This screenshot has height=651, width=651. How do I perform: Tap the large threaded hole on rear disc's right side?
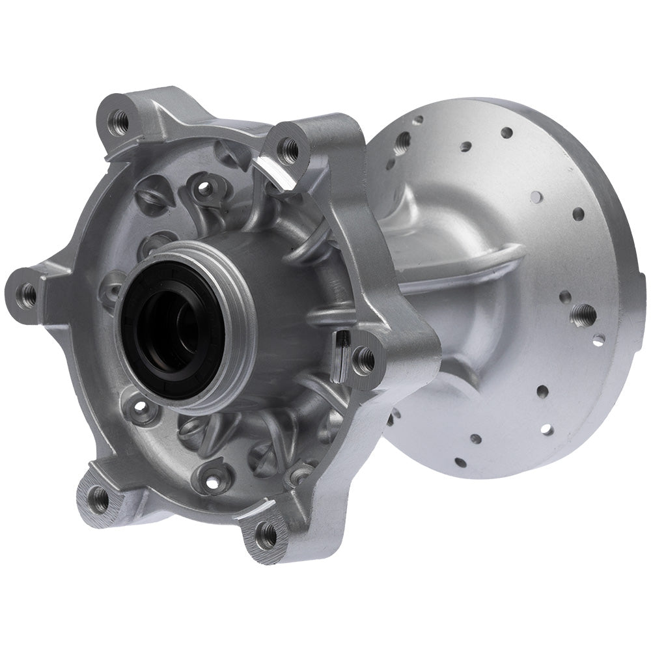click(x=584, y=312)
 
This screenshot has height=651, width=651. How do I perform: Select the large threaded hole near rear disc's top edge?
click(x=404, y=139)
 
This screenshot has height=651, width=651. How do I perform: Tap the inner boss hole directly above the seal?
click(x=204, y=188)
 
